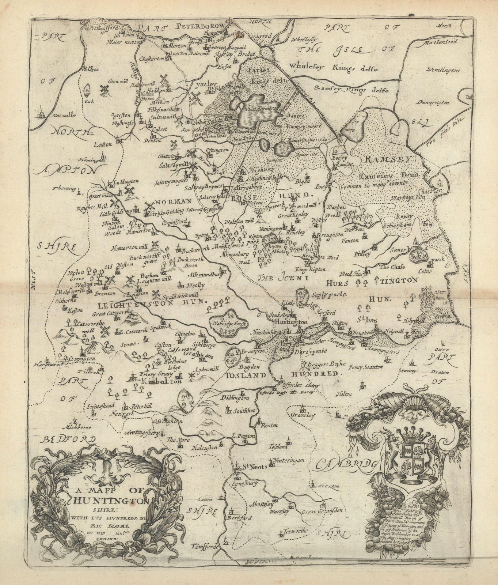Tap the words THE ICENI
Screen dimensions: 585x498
click(289, 278)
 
